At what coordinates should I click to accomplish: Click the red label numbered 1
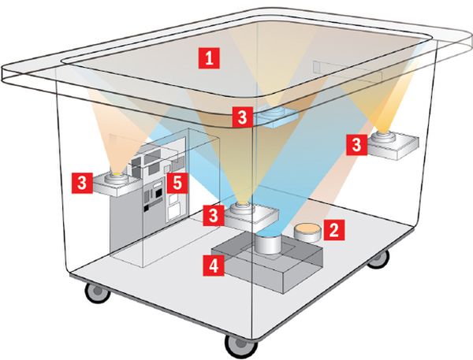pyautogui.click(x=209, y=58)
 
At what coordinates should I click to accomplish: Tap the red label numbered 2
pyautogui.click(x=333, y=230)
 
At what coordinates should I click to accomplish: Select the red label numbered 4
pyautogui.click(x=214, y=265)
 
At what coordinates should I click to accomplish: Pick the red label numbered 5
pyautogui.click(x=177, y=183)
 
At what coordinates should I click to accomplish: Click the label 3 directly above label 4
pyautogui.click(x=214, y=215)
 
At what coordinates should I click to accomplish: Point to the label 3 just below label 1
pyautogui.click(x=243, y=117)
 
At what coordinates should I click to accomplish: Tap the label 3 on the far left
pyautogui.click(x=82, y=183)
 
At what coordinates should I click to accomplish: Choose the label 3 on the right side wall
pyautogui.click(x=356, y=145)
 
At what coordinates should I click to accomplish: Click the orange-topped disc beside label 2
pyautogui.click(x=307, y=232)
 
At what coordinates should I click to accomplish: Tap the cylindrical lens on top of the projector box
pyautogui.click(x=269, y=243)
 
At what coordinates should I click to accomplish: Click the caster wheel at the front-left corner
pyautogui.click(x=97, y=291)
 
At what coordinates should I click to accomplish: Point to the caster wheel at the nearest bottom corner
pyautogui.click(x=240, y=346)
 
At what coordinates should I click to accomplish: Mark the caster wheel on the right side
pyautogui.click(x=378, y=259)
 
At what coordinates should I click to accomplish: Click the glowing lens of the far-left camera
pyautogui.click(x=117, y=174)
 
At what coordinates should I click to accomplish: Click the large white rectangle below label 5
pyautogui.click(x=174, y=211)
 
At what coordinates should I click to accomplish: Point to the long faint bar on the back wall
pyautogui.click(x=348, y=72)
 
